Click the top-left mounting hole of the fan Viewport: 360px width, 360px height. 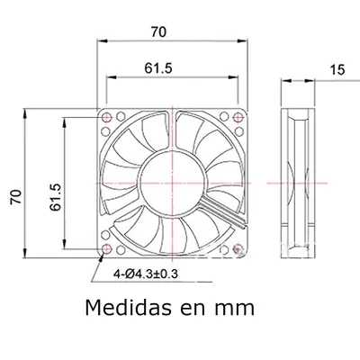click(108, 117)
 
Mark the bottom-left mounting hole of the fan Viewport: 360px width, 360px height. click(108, 247)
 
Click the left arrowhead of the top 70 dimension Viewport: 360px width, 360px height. click(101, 43)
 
